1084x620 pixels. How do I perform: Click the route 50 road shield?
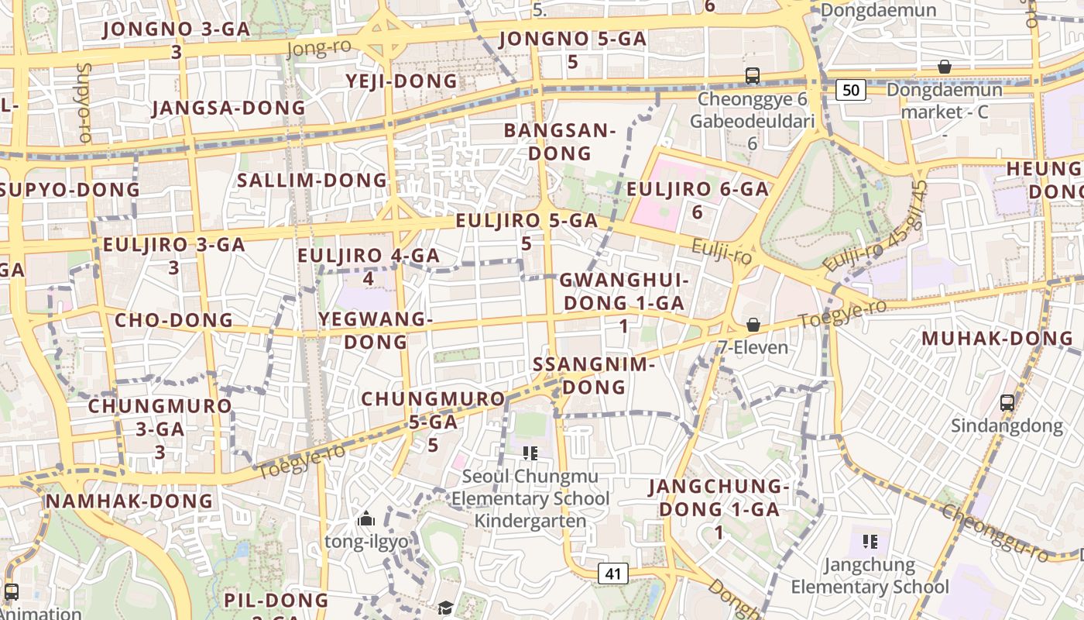pyautogui.click(x=850, y=90)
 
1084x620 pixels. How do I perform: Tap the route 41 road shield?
pyautogui.click(x=613, y=573)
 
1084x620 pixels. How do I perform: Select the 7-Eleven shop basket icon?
pyautogui.click(x=753, y=325)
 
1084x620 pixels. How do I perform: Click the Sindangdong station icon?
pyautogui.click(x=1007, y=403)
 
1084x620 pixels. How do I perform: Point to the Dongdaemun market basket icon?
pyautogui.click(x=944, y=67)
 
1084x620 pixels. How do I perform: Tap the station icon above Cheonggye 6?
pyautogui.click(x=752, y=76)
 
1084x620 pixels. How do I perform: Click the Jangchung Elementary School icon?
pyautogui.click(x=870, y=541)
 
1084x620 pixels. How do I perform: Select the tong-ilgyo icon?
pyautogui.click(x=366, y=518)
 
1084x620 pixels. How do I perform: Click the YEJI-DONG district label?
pyautogui.click(x=401, y=81)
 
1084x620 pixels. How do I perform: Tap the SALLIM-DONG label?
pyautogui.click(x=312, y=181)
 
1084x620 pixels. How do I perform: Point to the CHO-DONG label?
pyautogui.click(x=173, y=320)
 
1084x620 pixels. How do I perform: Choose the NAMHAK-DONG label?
pyautogui.click(x=129, y=501)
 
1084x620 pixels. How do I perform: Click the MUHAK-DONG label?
pyautogui.click(x=997, y=339)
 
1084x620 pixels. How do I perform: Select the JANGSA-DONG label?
pyautogui.click(x=228, y=108)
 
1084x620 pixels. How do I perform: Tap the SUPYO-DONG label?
pyautogui.click(x=70, y=189)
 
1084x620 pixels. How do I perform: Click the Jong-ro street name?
pyautogui.click(x=318, y=48)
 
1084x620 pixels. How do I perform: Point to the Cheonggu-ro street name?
pyautogui.click(x=995, y=532)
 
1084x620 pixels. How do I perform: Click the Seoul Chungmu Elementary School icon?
pyautogui.click(x=530, y=453)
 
